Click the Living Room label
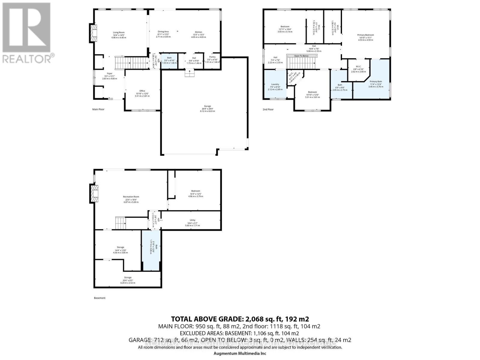coord(118,32)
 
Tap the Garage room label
coord(207,106)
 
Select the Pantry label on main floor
coord(212,57)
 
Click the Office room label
coord(142,91)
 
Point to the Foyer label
coord(109,73)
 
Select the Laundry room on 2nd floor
coord(275,84)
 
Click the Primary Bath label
coord(376,82)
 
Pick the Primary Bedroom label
coord(365,35)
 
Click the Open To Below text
coord(301,56)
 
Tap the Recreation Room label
coord(131,197)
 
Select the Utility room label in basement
coord(192,220)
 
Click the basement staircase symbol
coord(120,223)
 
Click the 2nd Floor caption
coord(268,109)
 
